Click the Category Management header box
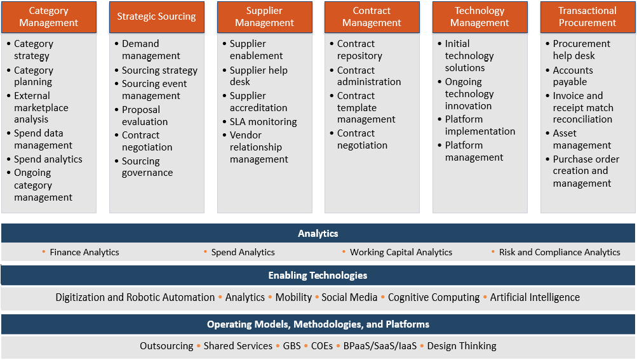point(49,17)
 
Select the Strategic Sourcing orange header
point(156,17)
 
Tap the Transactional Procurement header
point(587,17)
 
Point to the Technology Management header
point(479,17)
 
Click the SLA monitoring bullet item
point(264,122)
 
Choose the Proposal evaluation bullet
point(145,116)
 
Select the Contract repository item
point(359,50)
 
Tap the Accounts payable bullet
point(573,76)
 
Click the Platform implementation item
point(479,125)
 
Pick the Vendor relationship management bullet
point(258,147)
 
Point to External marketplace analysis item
point(41,108)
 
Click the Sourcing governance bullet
point(147,167)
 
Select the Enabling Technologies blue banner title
point(318,276)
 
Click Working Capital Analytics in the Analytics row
point(401,252)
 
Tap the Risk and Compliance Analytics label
point(560,252)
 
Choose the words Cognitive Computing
point(434,297)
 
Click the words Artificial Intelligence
point(535,297)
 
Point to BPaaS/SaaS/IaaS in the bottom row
point(380,346)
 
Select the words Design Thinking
point(462,346)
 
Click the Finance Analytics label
point(84,252)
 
